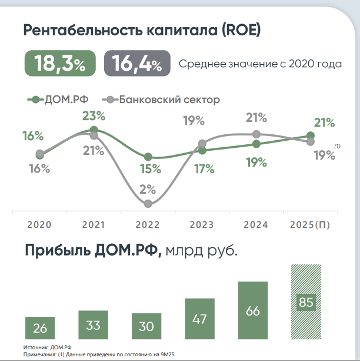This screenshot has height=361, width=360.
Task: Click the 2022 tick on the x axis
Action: [147, 225]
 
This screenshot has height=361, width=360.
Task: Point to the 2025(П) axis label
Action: [311, 225]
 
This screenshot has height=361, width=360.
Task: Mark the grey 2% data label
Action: [147, 190]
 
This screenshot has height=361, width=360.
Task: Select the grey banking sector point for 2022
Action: [148, 204]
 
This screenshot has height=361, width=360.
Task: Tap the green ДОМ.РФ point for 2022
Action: [148, 157]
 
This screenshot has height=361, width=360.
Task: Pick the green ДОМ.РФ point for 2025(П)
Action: [311, 136]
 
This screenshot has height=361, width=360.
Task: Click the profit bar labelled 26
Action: [40, 327]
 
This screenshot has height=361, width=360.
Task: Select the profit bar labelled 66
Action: [253, 310]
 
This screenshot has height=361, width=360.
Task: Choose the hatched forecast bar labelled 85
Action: [306, 302]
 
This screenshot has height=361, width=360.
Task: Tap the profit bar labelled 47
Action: [200, 318]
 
